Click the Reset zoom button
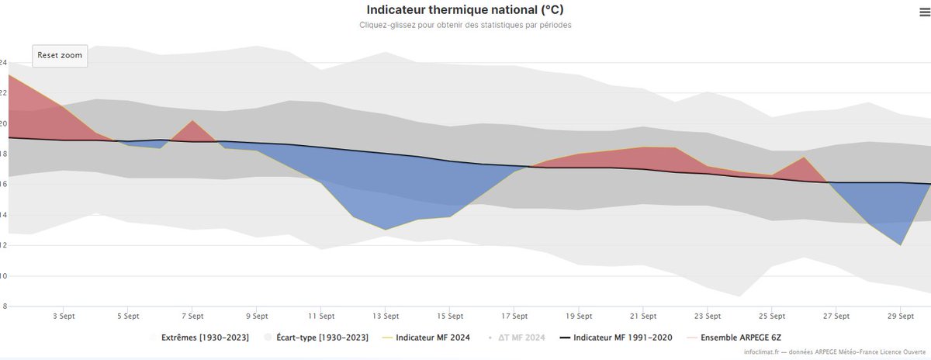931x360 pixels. pyautogui.click(x=60, y=56)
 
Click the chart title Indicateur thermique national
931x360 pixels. pyautogui.click(x=465, y=10)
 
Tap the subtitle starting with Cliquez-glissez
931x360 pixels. pyautogui.click(x=465, y=25)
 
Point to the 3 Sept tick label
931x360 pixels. pyautogui.click(x=63, y=317)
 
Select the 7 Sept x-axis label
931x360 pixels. pyautogui.click(x=192, y=317)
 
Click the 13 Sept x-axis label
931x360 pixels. pyautogui.click(x=386, y=317)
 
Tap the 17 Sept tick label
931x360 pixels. pyautogui.click(x=514, y=317)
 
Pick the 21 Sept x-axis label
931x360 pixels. pyautogui.click(x=643, y=317)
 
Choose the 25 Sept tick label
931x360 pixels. pyautogui.click(x=772, y=317)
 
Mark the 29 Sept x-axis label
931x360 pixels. pyautogui.click(x=901, y=317)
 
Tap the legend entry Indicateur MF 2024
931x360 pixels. pyautogui.click(x=432, y=338)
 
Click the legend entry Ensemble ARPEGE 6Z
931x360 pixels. pyautogui.click(x=740, y=338)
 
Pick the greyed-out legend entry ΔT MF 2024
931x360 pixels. pyautogui.click(x=520, y=338)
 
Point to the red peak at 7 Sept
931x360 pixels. pyautogui.click(x=192, y=123)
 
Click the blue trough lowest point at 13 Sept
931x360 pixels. pyautogui.click(x=386, y=228)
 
